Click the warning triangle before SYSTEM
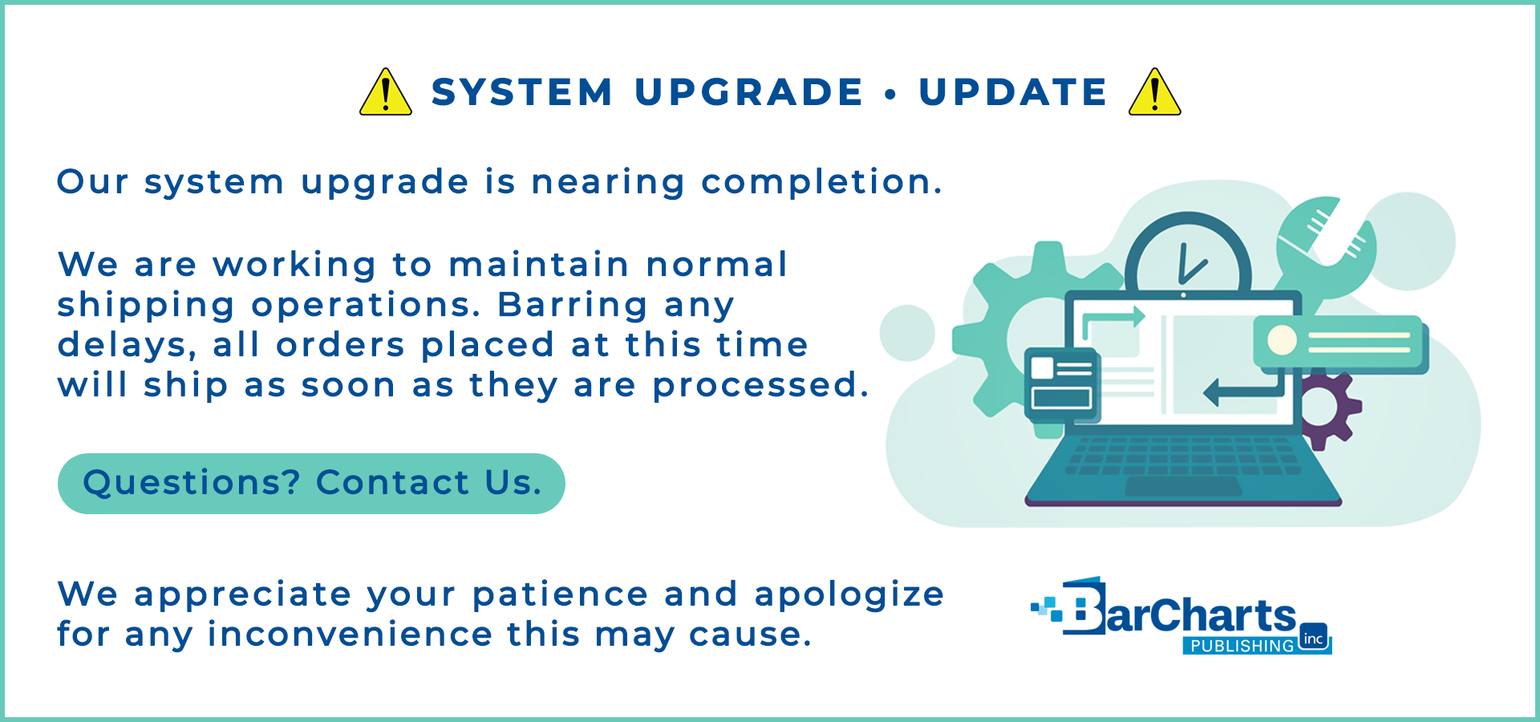pos(386,92)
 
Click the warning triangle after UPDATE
pos(1155,92)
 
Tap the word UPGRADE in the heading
pos(749,92)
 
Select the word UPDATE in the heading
pos(1013,92)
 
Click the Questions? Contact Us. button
pos(311,484)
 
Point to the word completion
pos(822,183)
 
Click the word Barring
pos(572,306)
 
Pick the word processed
pos(760,386)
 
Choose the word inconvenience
pos(350,635)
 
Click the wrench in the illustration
pos(1327,245)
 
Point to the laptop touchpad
pos(1183,486)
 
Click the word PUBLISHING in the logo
pos(1242,646)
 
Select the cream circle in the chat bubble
pos(1282,340)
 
